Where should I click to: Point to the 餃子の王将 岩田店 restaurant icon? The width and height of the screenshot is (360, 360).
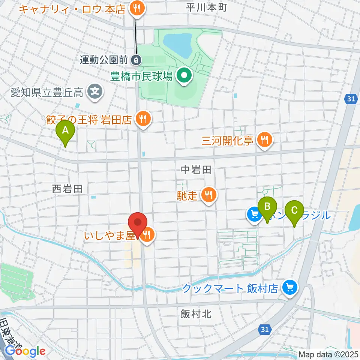click(143, 119)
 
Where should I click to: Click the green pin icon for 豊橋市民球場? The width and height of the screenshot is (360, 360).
click(184, 76)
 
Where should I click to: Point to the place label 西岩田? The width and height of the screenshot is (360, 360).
click(67, 189)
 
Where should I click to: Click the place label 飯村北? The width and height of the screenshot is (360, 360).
click(196, 314)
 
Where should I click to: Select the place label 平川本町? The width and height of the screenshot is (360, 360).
click(207, 7)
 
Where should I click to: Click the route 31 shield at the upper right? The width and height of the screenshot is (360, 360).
click(350, 99)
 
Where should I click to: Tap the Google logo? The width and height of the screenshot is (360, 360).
click(25, 351)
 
